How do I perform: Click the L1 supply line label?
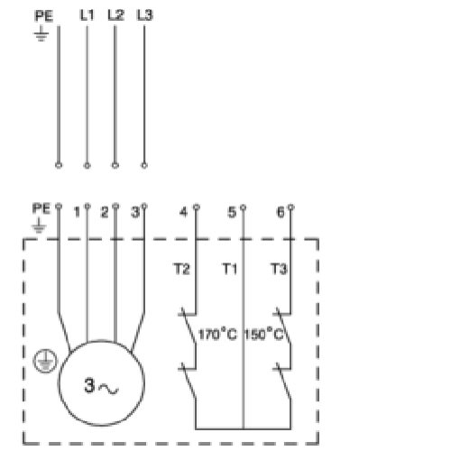point(87,15)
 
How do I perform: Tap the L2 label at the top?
point(116,15)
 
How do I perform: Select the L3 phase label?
point(145,15)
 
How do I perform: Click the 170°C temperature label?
point(217,335)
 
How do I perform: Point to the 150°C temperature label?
point(263,335)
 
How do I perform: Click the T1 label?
point(230,269)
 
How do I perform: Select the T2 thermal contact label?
point(182,269)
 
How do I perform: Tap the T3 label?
point(279,269)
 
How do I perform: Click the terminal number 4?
point(183,212)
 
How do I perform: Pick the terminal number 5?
point(232,212)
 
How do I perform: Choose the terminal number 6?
point(281,212)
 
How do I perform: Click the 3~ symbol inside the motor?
point(101,386)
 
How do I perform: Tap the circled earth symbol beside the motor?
point(45,361)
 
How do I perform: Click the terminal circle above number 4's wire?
point(197,207)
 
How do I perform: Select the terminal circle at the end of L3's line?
point(144,165)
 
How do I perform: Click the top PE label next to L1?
point(44,15)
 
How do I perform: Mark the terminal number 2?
point(104,212)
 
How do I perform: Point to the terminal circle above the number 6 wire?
point(290,207)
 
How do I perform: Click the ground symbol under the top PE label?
point(41,33)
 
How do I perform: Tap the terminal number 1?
point(77,212)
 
